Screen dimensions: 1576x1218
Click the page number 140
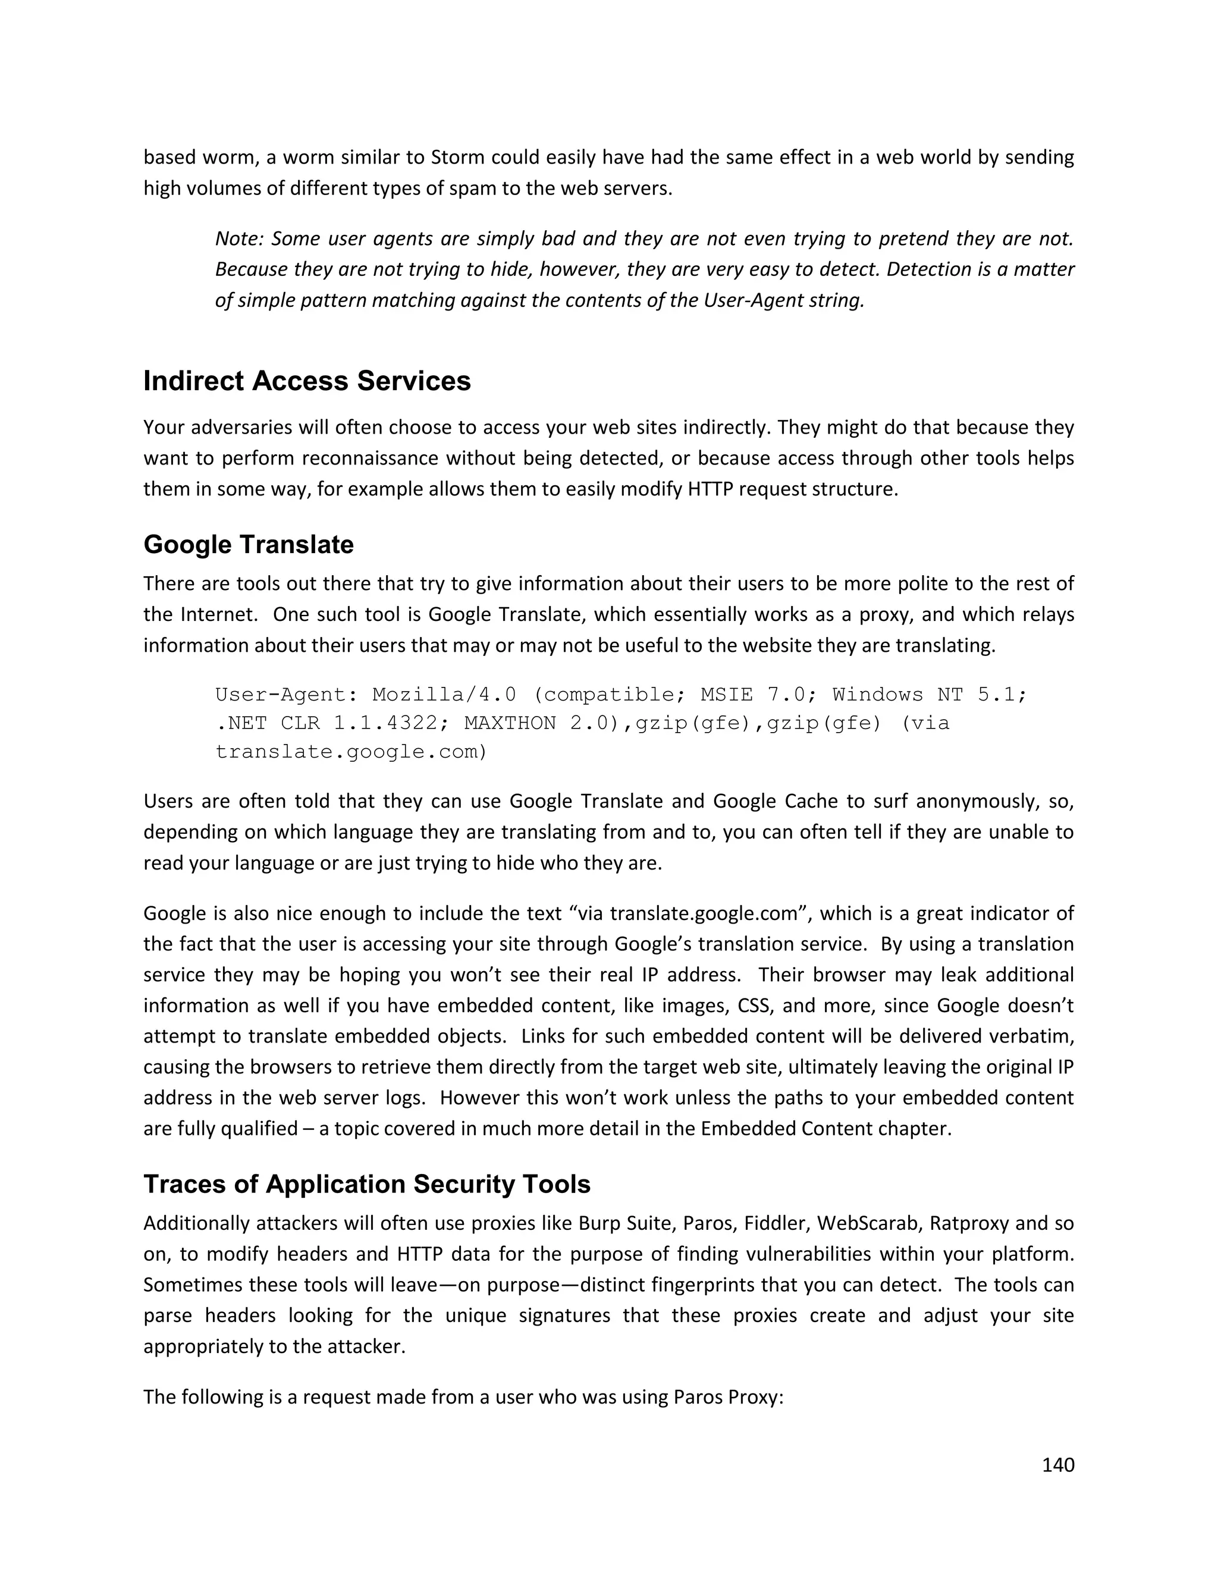tap(1058, 1464)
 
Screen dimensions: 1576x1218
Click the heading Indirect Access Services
tap(307, 381)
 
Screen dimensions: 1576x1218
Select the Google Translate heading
tap(248, 544)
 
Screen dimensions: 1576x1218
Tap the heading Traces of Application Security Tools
tap(366, 1184)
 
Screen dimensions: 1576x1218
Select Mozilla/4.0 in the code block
tap(444, 694)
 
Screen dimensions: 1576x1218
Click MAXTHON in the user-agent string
tap(510, 723)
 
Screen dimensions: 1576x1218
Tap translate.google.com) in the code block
tap(351, 752)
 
